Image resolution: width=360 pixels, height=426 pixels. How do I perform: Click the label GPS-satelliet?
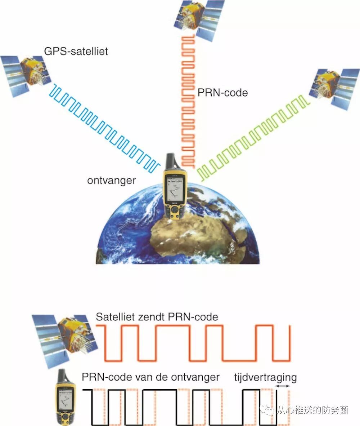click(76, 51)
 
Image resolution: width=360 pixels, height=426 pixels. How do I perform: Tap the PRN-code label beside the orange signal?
click(222, 93)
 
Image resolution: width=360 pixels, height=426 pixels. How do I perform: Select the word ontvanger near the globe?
click(111, 180)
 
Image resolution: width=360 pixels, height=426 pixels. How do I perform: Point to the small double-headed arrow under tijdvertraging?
click(282, 386)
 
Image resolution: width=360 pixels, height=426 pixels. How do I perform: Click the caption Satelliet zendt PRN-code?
click(157, 317)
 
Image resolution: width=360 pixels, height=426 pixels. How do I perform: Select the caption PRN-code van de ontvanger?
click(150, 377)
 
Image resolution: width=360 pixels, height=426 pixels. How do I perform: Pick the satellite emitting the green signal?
click(333, 87)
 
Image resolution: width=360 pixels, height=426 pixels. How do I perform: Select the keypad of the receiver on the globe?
click(175, 212)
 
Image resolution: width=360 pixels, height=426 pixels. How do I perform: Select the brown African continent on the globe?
click(202, 238)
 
